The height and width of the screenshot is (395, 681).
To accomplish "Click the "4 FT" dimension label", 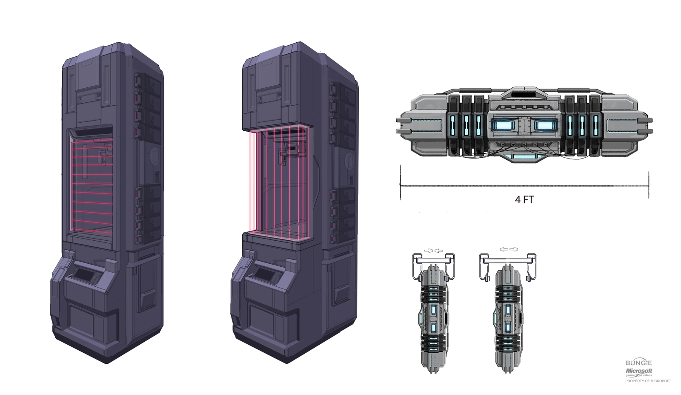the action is (x=524, y=199).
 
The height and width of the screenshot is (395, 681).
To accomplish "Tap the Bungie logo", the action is (x=638, y=363).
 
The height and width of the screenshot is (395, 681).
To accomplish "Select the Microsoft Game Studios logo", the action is (x=638, y=372).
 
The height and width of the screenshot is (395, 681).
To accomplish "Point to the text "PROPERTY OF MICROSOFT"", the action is (x=647, y=381).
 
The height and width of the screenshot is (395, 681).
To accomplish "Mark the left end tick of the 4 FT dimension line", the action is (x=400, y=185).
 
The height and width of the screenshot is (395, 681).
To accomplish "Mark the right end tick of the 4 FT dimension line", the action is (x=648, y=185).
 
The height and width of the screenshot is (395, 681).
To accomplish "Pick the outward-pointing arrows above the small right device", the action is (x=509, y=249).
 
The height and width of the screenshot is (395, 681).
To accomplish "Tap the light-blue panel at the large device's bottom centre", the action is (x=524, y=157).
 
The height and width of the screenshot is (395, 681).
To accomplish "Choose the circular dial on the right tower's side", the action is (x=350, y=161).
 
